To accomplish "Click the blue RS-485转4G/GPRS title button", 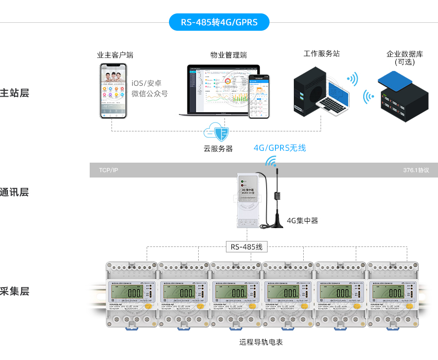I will tap(219, 22).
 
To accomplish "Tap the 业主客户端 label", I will tap(115, 55).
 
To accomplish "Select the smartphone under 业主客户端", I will tap(113, 90).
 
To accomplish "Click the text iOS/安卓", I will tap(147, 83).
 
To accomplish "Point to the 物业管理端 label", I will tap(228, 55).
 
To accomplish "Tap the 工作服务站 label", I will tap(322, 54).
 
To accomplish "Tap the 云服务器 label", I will tap(218, 148).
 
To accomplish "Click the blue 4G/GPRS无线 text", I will tap(279, 148).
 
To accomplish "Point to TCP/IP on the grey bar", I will tap(109, 170).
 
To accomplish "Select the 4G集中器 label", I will tap(302, 220).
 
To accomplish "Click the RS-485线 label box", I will tap(246, 246).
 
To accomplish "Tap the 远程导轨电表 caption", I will tap(261, 342).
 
